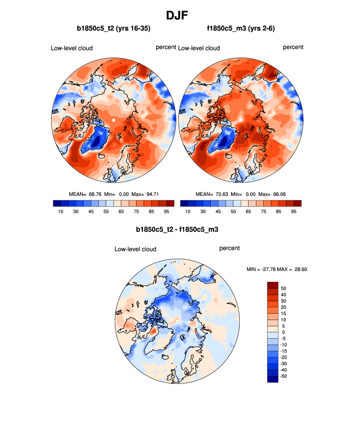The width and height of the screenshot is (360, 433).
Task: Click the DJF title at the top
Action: (180, 16)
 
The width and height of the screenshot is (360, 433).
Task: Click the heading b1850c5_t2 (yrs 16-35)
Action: (113, 29)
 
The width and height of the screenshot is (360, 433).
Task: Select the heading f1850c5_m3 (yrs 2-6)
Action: (241, 29)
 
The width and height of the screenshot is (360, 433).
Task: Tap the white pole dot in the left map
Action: (113, 120)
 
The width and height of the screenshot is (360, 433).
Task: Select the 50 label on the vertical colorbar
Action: (283, 288)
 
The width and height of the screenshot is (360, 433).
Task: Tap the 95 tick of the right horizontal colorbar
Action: (293, 212)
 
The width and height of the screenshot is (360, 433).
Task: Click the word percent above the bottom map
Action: (229, 248)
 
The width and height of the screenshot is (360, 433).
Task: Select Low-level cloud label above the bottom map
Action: (135, 249)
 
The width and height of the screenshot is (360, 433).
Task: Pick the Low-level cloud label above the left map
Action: (72, 48)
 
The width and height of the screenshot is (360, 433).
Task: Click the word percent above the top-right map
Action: (293, 47)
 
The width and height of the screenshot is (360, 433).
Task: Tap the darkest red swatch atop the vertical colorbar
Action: (273, 285)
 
